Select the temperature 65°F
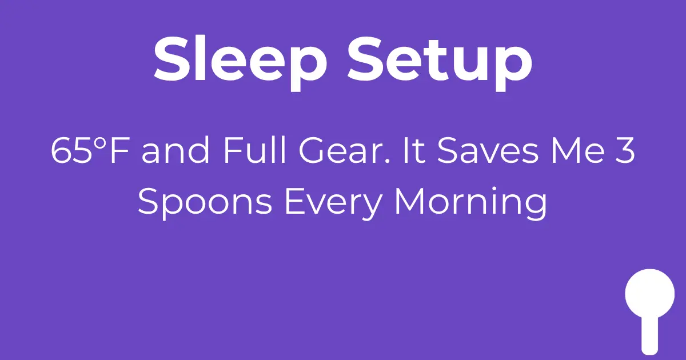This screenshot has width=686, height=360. (91, 151)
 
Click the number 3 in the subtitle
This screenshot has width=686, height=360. (626, 151)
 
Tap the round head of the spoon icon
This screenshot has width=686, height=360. (650, 293)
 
